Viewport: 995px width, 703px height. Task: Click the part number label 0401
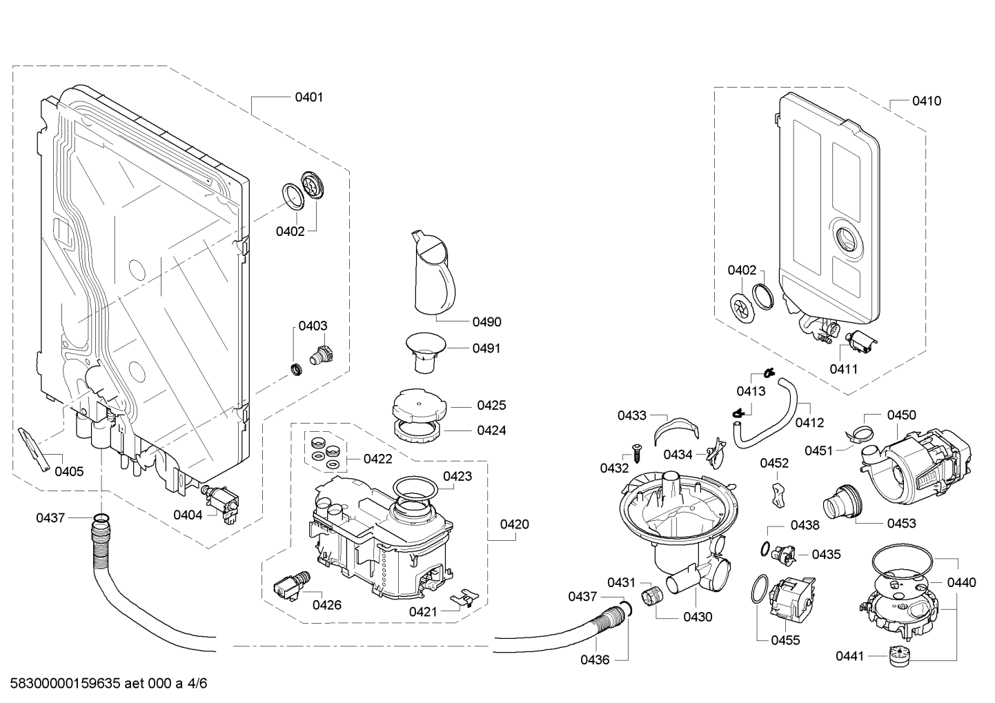(308, 97)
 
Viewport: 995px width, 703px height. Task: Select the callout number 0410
(926, 101)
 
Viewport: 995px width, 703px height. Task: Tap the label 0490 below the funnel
(486, 321)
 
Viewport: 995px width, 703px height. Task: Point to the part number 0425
(491, 405)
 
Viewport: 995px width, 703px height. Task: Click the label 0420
(514, 524)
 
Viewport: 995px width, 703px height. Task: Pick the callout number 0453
(901, 523)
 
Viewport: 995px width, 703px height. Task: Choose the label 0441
(849, 656)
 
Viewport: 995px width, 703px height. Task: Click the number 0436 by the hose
(594, 660)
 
